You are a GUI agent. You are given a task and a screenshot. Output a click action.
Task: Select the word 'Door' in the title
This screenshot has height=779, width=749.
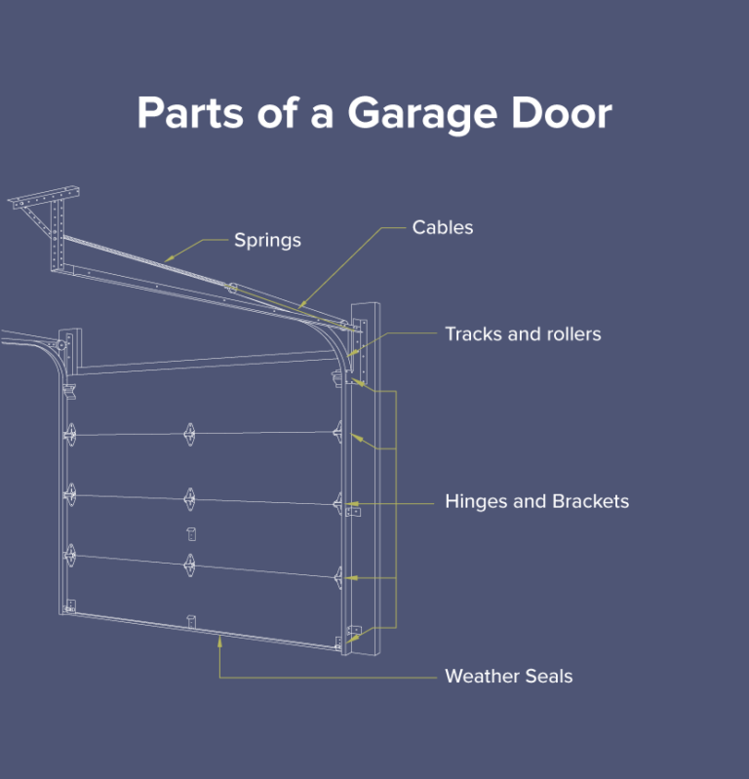coord(561,113)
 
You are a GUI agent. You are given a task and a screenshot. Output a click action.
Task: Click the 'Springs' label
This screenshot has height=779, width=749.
coord(267,240)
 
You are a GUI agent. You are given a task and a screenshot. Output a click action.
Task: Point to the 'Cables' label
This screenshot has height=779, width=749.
coord(443,227)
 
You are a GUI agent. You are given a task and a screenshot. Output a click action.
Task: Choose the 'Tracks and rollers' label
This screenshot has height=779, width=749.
coord(523,334)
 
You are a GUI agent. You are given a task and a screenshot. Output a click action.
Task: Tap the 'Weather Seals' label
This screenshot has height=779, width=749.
coord(508,676)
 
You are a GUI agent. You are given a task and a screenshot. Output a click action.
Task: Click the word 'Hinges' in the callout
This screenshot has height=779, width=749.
coord(477,502)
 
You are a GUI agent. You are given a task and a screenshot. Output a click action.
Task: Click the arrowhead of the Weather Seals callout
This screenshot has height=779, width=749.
coord(220,638)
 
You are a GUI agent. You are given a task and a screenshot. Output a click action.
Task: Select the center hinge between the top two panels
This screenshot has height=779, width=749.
coord(188,433)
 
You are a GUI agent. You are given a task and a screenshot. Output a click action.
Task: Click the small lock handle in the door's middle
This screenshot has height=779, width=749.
coord(190,532)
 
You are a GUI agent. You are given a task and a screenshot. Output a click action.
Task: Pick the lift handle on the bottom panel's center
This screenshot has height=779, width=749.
coord(192,620)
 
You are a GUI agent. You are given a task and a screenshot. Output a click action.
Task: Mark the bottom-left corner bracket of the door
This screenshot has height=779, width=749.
coord(68,607)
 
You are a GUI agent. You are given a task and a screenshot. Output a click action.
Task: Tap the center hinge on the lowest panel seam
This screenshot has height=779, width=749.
coord(189,563)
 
